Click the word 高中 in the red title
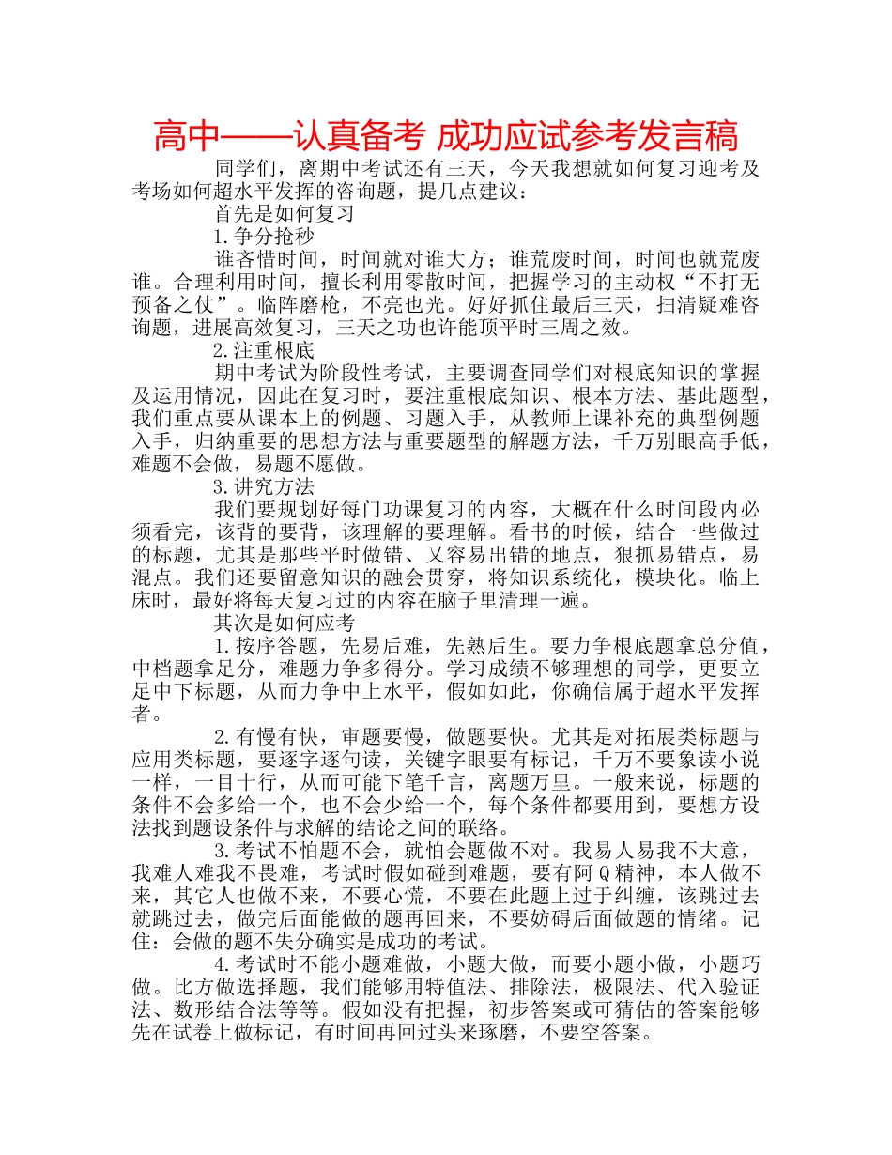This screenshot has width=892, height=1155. (184, 137)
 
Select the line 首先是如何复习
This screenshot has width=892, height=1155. (285, 213)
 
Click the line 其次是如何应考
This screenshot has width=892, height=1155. (285, 624)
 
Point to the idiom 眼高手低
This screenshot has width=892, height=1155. (717, 442)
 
